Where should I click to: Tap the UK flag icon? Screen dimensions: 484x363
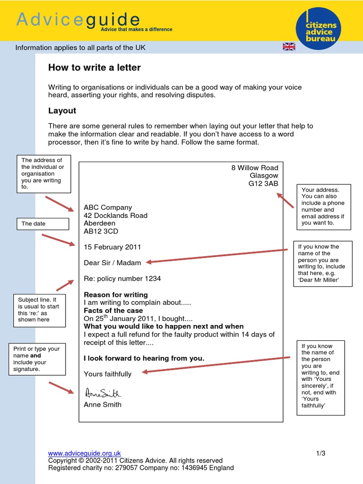point(289,46)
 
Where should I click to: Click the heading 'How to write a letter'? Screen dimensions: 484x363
point(95,68)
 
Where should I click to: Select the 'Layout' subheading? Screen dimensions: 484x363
point(62,111)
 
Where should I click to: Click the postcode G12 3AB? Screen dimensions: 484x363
point(263,184)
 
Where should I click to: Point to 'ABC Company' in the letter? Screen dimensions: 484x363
point(108,207)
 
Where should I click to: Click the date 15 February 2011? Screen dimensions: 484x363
point(112,247)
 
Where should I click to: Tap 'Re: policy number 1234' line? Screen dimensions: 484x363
point(122,279)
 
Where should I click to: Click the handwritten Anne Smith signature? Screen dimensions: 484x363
point(103,393)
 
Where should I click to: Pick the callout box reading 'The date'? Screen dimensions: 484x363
point(42,224)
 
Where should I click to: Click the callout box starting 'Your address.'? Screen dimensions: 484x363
point(324,207)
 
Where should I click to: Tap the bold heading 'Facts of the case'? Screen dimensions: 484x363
point(113,311)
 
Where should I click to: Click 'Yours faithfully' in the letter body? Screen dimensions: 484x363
point(107,374)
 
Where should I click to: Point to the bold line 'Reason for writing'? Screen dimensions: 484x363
point(116,295)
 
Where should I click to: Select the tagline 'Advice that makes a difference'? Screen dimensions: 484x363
point(136,29)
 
